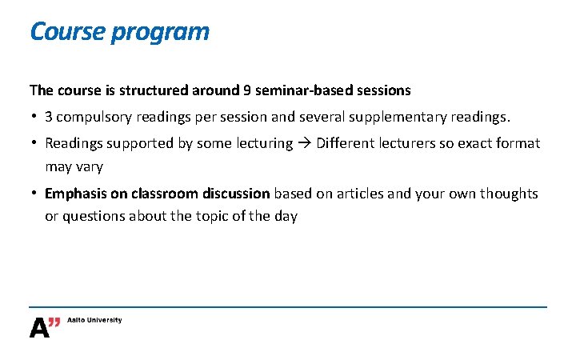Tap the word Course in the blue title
tap(67, 32)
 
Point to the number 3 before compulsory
tap(49, 117)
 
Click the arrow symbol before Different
tap(305, 143)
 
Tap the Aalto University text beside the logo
tap(95, 320)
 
